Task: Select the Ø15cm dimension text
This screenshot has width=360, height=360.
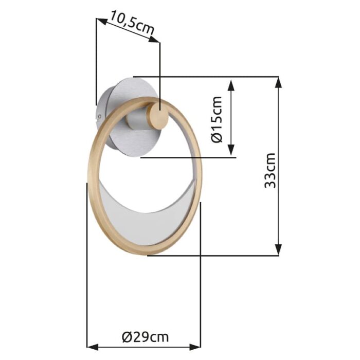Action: [217, 119]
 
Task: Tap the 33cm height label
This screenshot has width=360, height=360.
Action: [271, 170]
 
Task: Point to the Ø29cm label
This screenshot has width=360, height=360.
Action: [146, 337]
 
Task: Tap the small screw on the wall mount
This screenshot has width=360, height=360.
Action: [99, 117]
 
